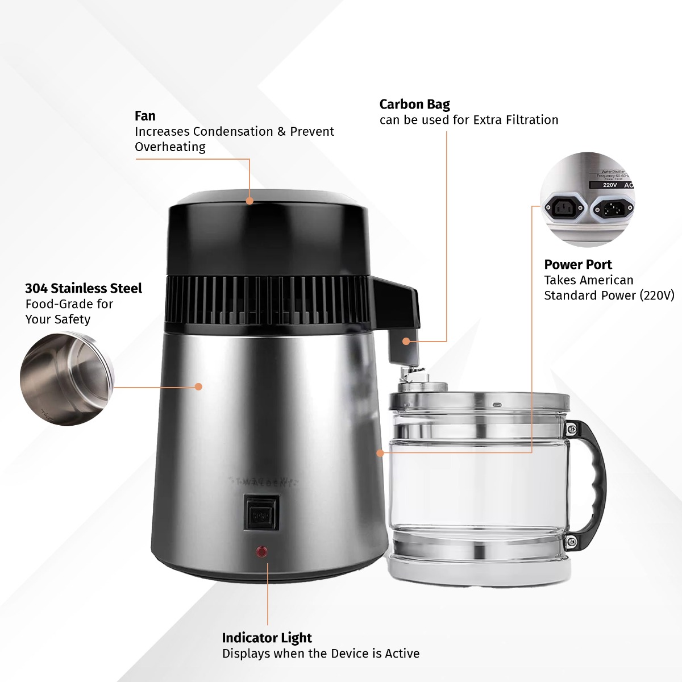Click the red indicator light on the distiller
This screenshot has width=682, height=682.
262,551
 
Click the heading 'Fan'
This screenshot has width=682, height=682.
145,116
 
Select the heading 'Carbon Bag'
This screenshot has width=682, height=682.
414,105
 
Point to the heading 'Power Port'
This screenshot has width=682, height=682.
577,265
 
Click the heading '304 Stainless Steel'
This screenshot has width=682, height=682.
83,289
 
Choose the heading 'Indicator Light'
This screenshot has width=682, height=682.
267,638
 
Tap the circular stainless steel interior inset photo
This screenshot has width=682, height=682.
66,379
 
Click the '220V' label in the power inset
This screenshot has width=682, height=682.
610,185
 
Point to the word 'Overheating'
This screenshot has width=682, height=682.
170,147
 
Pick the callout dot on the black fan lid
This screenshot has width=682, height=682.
249,201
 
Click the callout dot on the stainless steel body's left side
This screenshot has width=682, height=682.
198,386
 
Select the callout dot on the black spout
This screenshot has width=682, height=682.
406,341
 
